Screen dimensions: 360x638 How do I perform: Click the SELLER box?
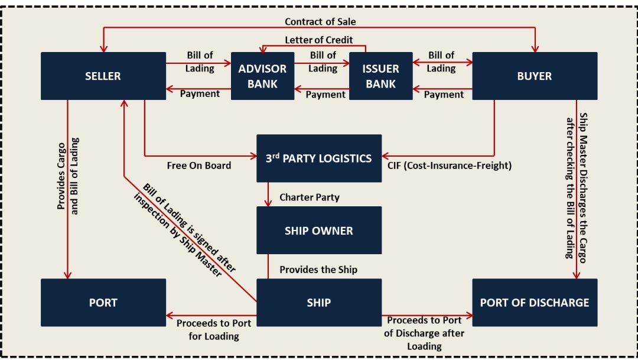pos(103,76)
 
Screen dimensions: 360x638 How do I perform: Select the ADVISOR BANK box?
pos(262,76)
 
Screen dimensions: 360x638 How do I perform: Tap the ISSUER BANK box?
pos(380,76)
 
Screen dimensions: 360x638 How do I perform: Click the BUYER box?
pos(534,76)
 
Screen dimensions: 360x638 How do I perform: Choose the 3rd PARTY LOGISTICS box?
pos(319,158)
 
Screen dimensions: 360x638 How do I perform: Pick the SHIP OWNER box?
pos(319,231)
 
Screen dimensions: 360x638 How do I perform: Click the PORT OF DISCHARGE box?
pos(534,303)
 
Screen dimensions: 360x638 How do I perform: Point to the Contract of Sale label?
pos(320,22)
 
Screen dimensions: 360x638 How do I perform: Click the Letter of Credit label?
pos(319,40)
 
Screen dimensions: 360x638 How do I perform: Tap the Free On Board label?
pos(199,166)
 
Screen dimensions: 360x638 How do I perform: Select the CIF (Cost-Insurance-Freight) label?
pos(450,166)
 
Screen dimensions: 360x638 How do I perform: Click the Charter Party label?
pos(310,197)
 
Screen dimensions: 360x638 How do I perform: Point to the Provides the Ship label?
pos(318,270)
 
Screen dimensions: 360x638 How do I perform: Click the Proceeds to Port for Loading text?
pos(213,330)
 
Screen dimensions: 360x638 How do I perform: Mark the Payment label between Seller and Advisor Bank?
pos(200,93)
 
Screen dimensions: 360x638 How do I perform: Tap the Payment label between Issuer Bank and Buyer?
pos(444,94)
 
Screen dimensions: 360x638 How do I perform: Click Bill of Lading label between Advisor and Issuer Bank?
pos(323,61)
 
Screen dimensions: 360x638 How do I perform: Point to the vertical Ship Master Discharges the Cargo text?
pos(576,186)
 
